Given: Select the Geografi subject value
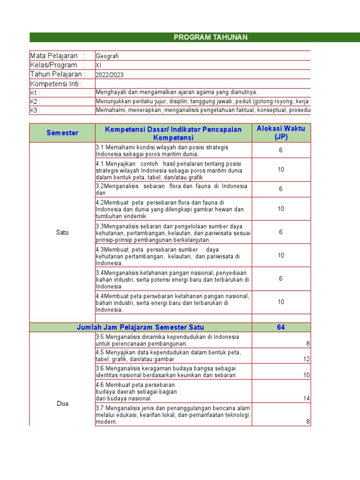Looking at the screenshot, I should pyautogui.click(x=107, y=56).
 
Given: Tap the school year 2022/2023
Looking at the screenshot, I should pyautogui.click(x=110, y=75).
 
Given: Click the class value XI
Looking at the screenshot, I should pyautogui.click(x=98, y=65).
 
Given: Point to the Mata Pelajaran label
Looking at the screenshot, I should pyautogui.click(x=54, y=56).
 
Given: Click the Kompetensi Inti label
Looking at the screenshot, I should pyautogui.click(x=56, y=84).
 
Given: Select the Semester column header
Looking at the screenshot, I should pyautogui.click(x=62, y=133).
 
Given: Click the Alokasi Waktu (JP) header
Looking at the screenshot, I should pyautogui.click(x=281, y=133).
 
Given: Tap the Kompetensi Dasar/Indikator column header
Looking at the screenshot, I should pyautogui.click(x=173, y=133).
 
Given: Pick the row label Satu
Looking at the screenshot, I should pyautogui.click(x=62, y=232).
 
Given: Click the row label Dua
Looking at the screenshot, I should pyautogui.click(x=62, y=403).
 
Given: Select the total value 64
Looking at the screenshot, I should pyautogui.click(x=281, y=327).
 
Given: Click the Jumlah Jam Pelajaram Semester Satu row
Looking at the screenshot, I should pyautogui.click(x=140, y=327).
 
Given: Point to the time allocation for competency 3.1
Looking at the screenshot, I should pyautogui.click(x=281, y=150).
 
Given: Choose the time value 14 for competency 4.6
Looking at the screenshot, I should pyautogui.click(x=307, y=398).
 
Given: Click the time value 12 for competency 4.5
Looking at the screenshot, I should pyautogui.click(x=307, y=359).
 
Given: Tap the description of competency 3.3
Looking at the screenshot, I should pyautogui.click(x=173, y=232).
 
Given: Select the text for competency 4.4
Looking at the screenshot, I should pyautogui.click(x=173, y=302).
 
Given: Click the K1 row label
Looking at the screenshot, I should pyautogui.click(x=35, y=93).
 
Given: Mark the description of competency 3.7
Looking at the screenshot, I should pyautogui.click(x=173, y=415).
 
